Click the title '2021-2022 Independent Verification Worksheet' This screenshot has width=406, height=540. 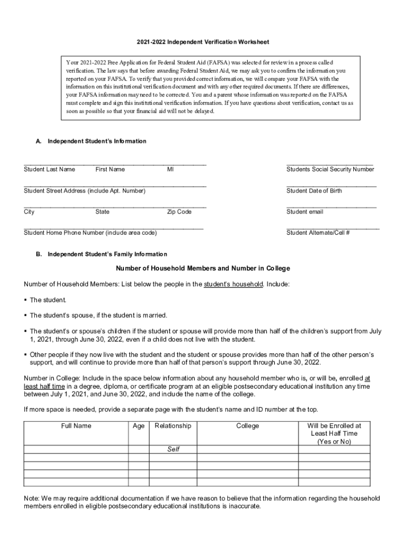[x=203, y=42]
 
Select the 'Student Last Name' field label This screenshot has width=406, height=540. [x=50, y=169]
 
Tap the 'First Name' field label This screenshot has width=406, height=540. [x=110, y=169]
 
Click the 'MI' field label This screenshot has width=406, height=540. [x=170, y=169]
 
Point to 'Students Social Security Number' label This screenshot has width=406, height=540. [x=330, y=169]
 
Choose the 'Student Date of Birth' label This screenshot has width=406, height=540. [x=314, y=190]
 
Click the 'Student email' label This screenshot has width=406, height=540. [x=305, y=211]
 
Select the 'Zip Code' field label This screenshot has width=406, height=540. [x=179, y=211]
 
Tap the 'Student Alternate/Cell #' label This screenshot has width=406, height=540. [x=318, y=233]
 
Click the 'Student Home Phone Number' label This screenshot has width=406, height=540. [x=90, y=233]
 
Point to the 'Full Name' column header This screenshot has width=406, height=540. [x=76, y=426]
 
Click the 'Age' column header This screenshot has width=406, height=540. [x=139, y=426]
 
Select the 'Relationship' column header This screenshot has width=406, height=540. [x=173, y=426]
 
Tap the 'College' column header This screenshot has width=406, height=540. [x=248, y=426]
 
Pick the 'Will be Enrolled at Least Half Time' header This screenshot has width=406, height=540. [x=334, y=433]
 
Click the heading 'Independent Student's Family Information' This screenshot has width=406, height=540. [x=107, y=254]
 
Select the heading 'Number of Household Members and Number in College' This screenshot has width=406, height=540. [x=203, y=268]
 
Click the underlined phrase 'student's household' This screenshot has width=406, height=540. [x=234, y=284]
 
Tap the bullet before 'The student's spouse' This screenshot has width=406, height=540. [x=26, y=315]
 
